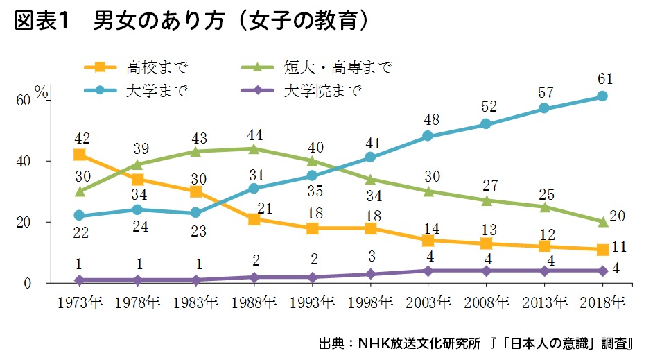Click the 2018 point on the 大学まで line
[602, 96]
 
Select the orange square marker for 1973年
[80, 155]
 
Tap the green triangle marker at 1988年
[254, 148]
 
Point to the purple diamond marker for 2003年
[428, 271]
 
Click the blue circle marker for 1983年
[196, 213]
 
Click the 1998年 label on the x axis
[370, 302]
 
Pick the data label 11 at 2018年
[621, 248]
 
